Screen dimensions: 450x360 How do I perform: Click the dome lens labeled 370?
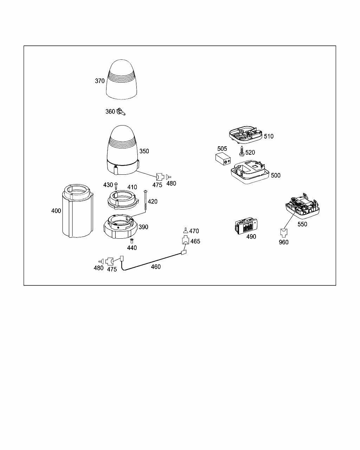pyautogui.click(x=122, y=80)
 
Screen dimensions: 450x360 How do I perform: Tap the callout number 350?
pyautogui.click(x=144, y=151)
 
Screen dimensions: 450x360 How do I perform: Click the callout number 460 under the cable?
pyautogui.click(x=156, y=267)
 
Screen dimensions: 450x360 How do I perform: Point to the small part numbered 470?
pyautogui.click(x=185, y=231)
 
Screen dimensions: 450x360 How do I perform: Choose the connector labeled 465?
pyautogui.click(x=185, y=241)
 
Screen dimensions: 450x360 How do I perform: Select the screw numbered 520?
pyautogui.click(x=242, y=153)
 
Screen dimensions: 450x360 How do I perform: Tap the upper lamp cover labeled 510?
pyautogui.click(x=245, y=135)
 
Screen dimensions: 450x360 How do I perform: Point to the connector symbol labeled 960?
pyautogui.click(x=283, y=232)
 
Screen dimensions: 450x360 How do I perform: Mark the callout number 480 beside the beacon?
pyautogui.click(x=172, y=183)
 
